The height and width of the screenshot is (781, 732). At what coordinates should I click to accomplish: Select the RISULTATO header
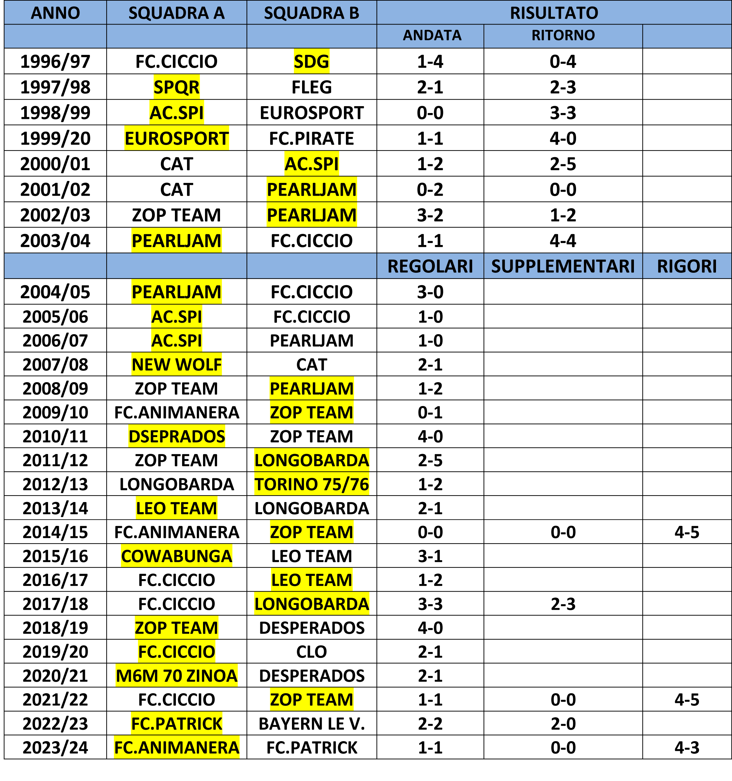point(553,13)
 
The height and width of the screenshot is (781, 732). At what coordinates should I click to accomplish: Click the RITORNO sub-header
point(563,35)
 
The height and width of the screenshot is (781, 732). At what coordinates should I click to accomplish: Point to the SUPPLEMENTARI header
point(563,266)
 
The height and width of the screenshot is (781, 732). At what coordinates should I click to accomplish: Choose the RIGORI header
point(687,266)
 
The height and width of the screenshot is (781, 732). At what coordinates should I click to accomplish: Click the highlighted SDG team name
point(311,61)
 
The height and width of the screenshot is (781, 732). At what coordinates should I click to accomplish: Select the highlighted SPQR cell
point(177,87)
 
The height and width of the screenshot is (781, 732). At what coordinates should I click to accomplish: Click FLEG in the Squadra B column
point(311,87)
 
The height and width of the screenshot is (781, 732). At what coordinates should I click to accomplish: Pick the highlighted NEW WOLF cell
point(177,364)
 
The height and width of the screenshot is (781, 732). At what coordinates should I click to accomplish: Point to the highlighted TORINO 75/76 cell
point(311,484)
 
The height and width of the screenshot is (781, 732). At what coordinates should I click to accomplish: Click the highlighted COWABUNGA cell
point(177,556)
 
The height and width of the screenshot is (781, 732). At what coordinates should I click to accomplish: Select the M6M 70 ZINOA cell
point(177,676)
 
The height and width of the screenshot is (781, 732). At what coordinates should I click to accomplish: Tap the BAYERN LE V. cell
point(311,724)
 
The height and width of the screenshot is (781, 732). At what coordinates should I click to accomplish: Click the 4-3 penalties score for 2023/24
point(687,748)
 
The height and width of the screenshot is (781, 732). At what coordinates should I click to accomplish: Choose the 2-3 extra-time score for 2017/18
point(563,604)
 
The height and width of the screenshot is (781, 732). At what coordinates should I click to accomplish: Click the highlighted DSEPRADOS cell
point(177,436)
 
